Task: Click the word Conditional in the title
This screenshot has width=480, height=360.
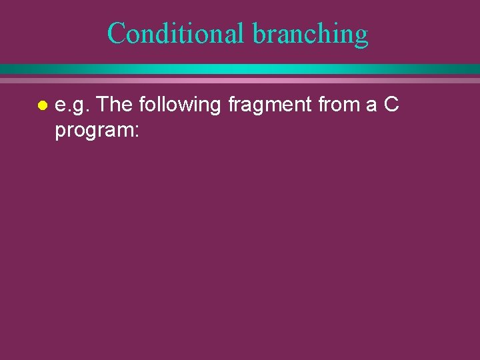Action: click(176, 33)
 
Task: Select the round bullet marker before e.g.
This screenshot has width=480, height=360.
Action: click(41, 106)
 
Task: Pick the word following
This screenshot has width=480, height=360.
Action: click(180, 105)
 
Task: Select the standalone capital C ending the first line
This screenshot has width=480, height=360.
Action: click(391, 104)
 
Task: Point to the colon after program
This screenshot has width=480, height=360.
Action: click(135, 131)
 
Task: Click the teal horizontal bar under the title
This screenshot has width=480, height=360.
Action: click(240, 69)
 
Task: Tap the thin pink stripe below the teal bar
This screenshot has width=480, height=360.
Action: click(240, 80)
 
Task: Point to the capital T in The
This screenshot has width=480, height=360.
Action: click(103, 104)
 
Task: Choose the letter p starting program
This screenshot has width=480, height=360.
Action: click(60, 133)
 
